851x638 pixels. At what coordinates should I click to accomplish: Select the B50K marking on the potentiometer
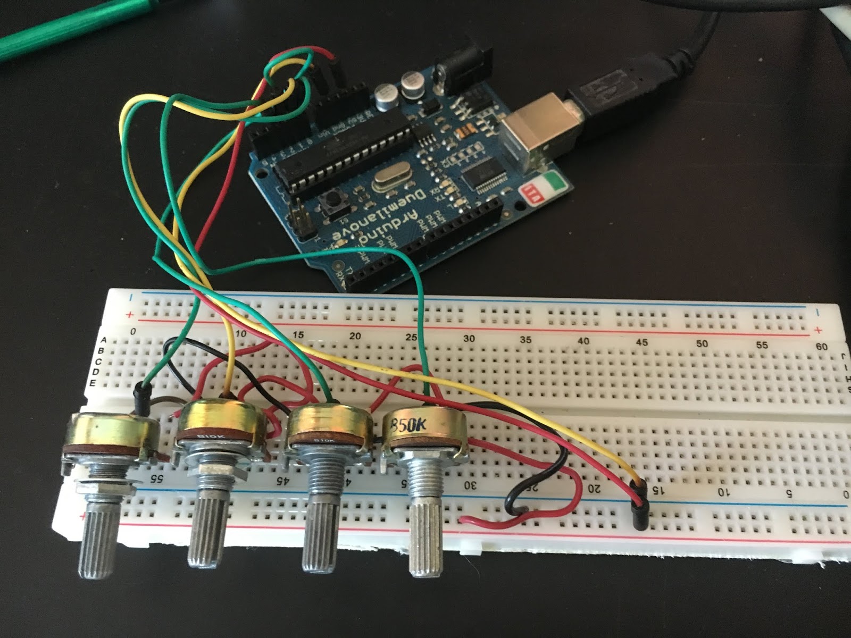(x=410, y=425)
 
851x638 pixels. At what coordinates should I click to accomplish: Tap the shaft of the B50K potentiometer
(x=425, y=532)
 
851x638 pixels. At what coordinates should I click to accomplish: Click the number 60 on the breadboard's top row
(x=822, y=347)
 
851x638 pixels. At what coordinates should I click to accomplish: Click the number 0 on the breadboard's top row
(x=132, y=331)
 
